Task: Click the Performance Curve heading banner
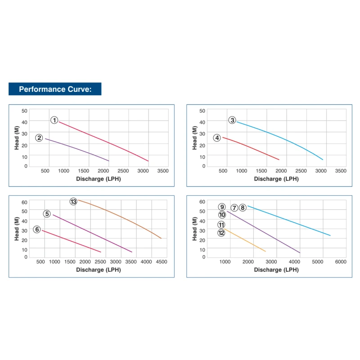[x=55, y=89]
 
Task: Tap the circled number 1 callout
[x=54, y=120]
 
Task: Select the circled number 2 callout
[x=39, y=138]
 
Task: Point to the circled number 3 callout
[x=232, y=120]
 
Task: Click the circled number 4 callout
[x=217, y=138]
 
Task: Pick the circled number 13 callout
[x=73, y=202]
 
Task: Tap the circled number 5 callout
[x=47, y=214]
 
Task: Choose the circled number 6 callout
[x=37, y=229]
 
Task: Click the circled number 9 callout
[x=221, y=207]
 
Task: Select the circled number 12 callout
[x=221, y=233]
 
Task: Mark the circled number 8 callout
[x=243, y=207]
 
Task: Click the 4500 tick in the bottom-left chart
[x=161, y=261]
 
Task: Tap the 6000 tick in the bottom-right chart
[x=340, y=261]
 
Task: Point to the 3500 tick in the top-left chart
[x=162, y=171]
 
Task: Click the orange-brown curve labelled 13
[x=121, y=213]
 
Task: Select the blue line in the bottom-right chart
[x=288, y=221]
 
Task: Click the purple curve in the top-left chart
[x=76, y=149]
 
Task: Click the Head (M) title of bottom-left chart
[x=17, y=229]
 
